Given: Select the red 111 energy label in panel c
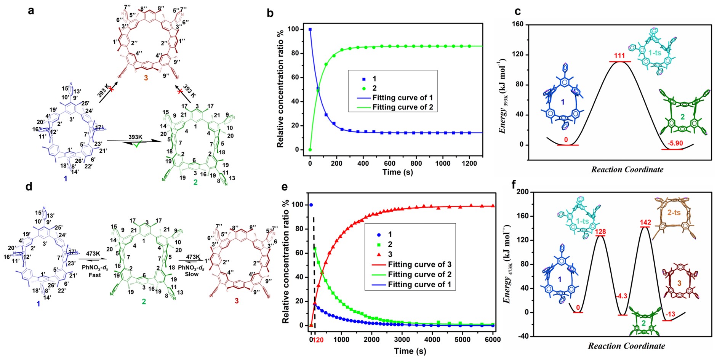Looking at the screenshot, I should (619, 56).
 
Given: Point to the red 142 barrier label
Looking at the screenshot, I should (645, 222).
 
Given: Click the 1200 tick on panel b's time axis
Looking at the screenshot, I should (469, 163).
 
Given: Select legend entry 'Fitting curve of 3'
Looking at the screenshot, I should (419, 264).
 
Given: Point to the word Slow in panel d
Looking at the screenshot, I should (192, 274).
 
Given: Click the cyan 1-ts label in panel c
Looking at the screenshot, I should (655, 53).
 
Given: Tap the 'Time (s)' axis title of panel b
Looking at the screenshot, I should (397, 172).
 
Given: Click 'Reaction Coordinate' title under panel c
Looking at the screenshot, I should (627, 170).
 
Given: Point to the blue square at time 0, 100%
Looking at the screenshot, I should (310, 29).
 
